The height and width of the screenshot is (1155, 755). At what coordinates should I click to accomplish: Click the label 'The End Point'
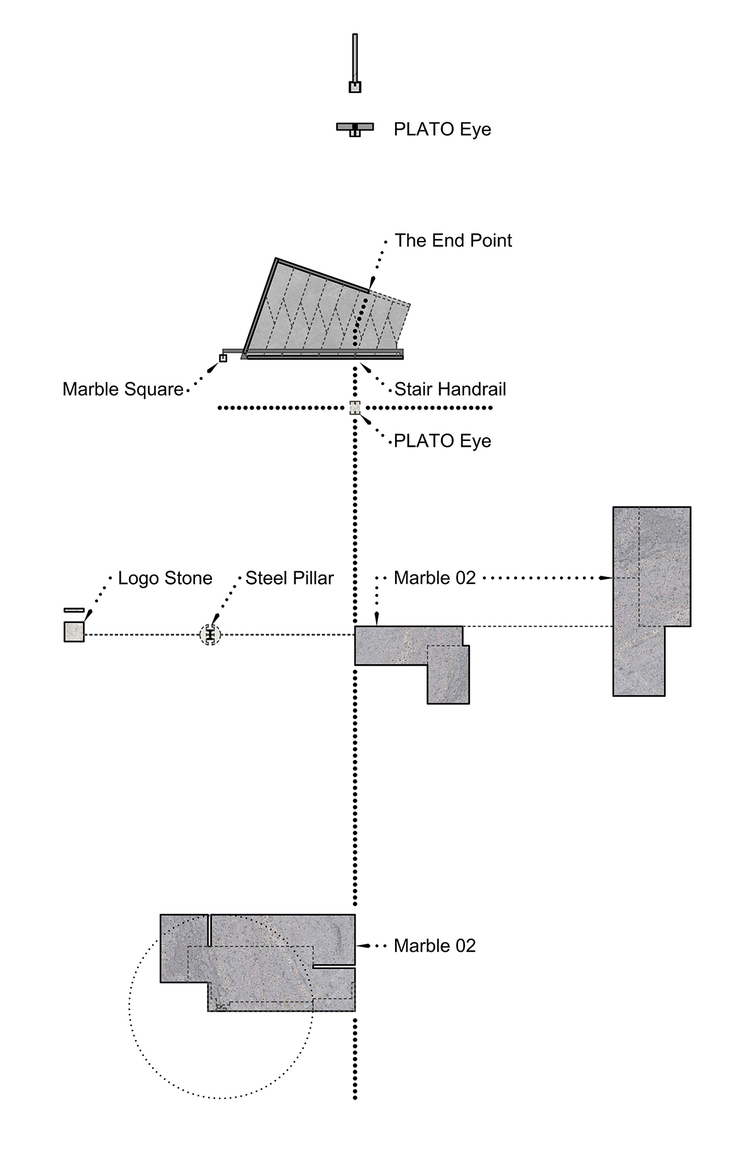click(x=453, y=240)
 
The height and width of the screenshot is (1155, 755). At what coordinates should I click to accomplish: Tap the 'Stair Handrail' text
click(x=450, y=389)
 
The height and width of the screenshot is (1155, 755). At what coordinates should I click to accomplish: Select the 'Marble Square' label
click(x=123, y=389)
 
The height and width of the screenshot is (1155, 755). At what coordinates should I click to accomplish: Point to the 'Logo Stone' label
click(x=165, y=578)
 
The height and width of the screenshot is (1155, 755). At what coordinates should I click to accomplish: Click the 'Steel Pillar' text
click(x=289, y=578)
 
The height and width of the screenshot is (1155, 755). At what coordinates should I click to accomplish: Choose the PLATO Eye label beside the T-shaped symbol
click(x=442, y=129)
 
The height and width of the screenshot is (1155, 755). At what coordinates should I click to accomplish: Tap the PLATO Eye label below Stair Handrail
click(x=442, y=440)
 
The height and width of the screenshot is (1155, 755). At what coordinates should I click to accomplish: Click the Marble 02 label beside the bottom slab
click(x=434, y=946)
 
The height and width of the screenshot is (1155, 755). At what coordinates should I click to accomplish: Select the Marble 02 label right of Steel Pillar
click(x=434, y=578)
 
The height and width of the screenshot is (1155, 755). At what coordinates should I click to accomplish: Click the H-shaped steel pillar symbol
click(x=210, y=635)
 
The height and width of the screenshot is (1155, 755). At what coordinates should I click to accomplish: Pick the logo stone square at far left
click(x=74, y=632)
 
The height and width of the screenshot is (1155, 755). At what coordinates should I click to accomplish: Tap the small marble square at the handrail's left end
click(x=223, y=358)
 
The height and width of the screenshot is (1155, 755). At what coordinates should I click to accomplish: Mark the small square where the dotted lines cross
click(x=355, y=408)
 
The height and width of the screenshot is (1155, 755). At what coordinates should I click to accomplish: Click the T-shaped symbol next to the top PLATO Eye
click(x=355, y=128)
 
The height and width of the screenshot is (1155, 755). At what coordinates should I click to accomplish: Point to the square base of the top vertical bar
click(x=355, y=87)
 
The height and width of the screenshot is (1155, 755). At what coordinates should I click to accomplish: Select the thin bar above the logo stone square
click(x=74, y=610)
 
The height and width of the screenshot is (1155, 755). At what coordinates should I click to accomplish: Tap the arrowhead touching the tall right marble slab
click(x=607, y=577)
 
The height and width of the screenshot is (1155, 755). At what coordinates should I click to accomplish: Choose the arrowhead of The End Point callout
click(x=372, y=284)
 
